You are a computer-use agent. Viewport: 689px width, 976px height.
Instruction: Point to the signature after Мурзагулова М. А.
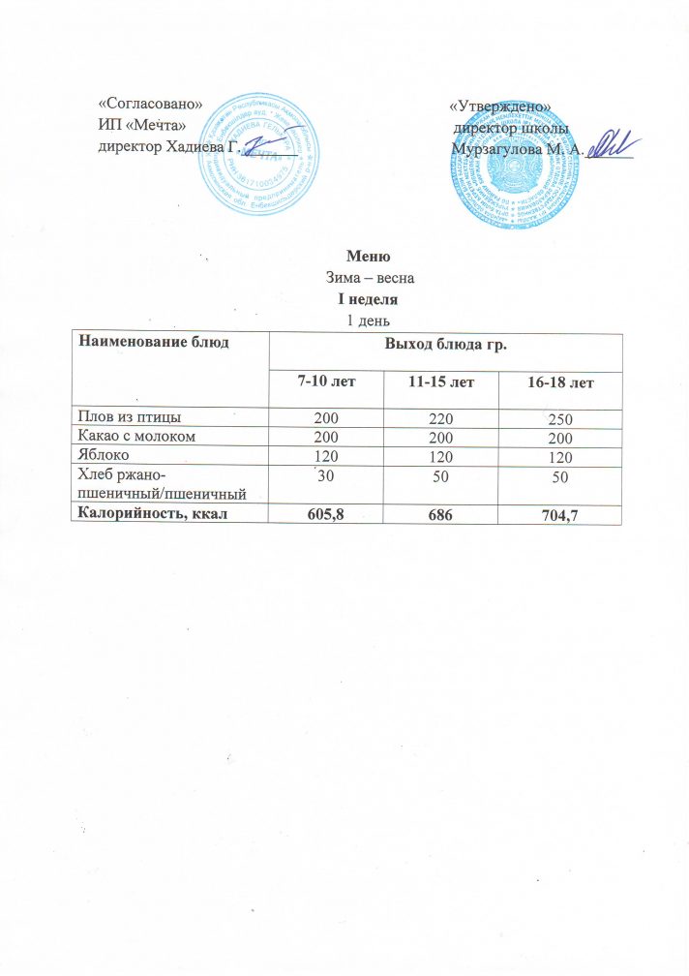point(609,146)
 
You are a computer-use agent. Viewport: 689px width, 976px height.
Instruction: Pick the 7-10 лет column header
point(325,384)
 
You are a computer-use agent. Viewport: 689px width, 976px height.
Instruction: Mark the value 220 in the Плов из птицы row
point(441,419)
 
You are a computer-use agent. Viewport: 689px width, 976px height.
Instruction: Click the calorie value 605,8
point(325,513)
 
